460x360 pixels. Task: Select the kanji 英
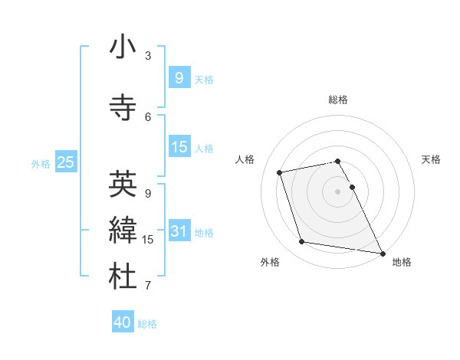pyautogui.click(x=123, y=184)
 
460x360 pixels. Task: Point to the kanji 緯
pyautogui.click(x=123, y=231)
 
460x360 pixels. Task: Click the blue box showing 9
pyautogui.click(x=179, y=77)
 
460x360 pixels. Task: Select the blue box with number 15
pyautogui.click(x=179, y=147)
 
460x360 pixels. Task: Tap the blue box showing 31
pyautogui.click(x=179, y=231)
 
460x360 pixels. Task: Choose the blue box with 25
pyautogui.click(x=65, y=162)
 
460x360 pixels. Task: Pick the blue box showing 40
pyautogui.click(x=122, y=322)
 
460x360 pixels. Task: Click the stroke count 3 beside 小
pyautogui.click(x=148, y=56)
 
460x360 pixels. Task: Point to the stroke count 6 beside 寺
pyautogui.click(x=148, y=116)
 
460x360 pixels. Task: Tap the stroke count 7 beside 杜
pyautogui.click(x=148, y=286)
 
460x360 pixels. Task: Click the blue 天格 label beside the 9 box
pyautogui.click(x=204, y=79)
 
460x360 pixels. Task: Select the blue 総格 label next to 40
pyautogui.click(x=147, y=324)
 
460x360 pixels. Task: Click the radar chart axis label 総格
pyautogui.click(x=338, y=100)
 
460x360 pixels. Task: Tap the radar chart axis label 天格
pyautogui.click(x=431, y=159)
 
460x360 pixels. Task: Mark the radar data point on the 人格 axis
pyautogui.click(x=280, y=172)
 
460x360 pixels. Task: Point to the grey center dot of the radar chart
pyautogui.click(x=338, y=191)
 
